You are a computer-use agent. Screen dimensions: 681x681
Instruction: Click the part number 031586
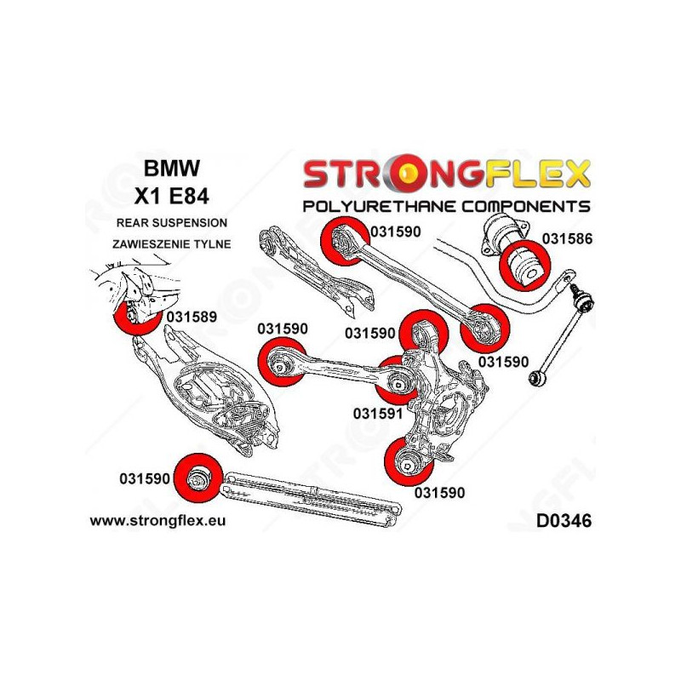(564, 239)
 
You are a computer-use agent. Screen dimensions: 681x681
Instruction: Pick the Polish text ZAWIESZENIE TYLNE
(171, 243)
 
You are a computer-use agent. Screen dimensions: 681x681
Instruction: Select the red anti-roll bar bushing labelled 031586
(521, 263)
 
